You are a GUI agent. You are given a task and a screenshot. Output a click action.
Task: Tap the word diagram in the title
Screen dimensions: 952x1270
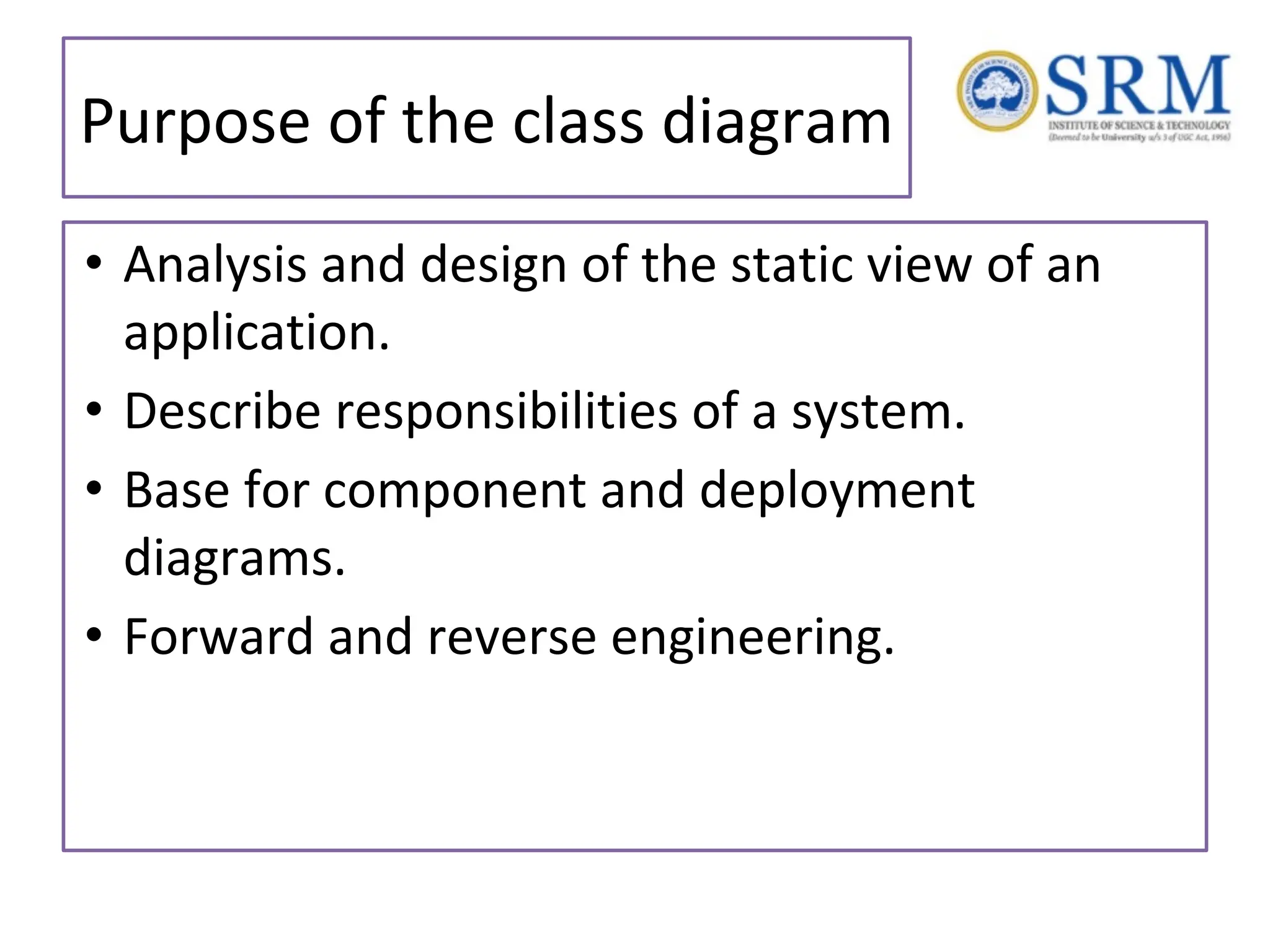[x=776, y=123]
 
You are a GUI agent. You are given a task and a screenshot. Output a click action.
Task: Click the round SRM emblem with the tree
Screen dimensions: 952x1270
[x=997, y=91]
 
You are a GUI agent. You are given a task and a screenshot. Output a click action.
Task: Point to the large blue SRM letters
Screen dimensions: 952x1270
[x=1138, y=86]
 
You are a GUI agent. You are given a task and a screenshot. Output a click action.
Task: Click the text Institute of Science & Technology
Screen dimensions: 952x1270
[x=1139, y=125]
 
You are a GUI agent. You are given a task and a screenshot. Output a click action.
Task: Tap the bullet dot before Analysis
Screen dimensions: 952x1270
[x=94, y=263]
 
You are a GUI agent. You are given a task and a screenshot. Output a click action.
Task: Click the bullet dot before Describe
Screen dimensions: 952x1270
[x=94, y=410]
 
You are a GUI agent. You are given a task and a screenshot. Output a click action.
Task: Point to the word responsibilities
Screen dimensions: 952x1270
[x=506, y=412]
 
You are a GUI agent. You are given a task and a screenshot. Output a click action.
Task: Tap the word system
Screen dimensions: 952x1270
[x=877, y=412]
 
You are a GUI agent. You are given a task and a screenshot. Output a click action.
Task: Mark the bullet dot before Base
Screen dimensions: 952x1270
[x=94, y=488]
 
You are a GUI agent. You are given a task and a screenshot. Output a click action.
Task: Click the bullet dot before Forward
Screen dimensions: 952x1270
[x=94, y=635]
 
